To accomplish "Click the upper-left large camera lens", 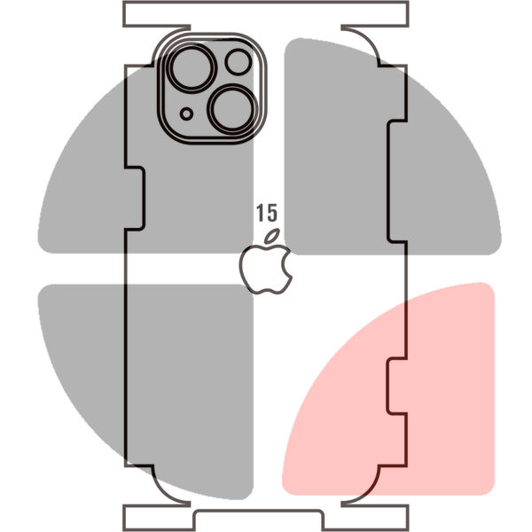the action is tap(192, 67).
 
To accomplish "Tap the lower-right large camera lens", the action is tap(232, 109).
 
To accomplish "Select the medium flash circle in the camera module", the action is tap(239, 62).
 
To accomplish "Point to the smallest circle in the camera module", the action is tap(186, 114).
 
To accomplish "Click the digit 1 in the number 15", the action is tap(260, 213).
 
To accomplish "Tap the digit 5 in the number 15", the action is tap(272, 213).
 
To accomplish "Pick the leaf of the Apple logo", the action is tap(272, 236).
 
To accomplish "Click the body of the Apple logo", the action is tap(266, 270).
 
